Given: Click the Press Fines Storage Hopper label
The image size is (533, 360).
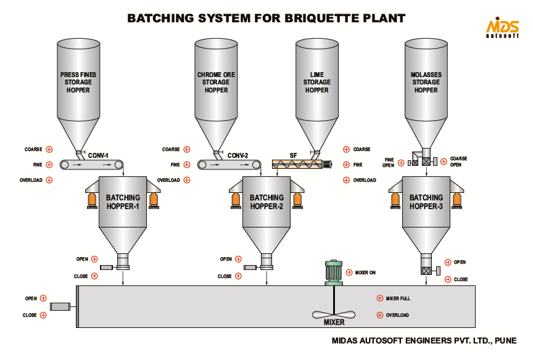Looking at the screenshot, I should coord(78,82).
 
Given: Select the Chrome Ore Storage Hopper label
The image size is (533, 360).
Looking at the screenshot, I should coord(216,82).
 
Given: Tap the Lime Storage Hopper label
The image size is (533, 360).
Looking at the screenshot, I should coord(317,82).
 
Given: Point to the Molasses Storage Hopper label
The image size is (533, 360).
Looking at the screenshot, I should coord(426,82).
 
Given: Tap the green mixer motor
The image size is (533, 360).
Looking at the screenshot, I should coord(333,272).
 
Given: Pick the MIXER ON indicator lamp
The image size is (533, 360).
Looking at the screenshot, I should coord(349,272).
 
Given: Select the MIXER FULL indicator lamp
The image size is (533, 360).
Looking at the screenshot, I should coord(379,298).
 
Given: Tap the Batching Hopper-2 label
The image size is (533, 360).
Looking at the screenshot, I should coord(266,202).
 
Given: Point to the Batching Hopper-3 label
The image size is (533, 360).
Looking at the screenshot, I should coord(426,202).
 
